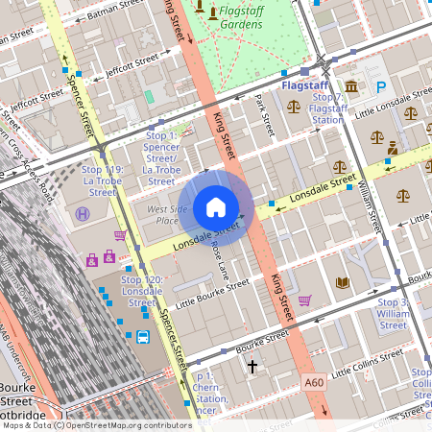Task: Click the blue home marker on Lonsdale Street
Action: [216, 207]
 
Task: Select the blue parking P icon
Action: [381, 87]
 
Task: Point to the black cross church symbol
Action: [252, 367]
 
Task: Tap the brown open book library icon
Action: [342, 282]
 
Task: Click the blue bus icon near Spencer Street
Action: [142, 337]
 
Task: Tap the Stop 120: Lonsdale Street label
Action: [142, 291]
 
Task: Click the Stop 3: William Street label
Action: [393, 314]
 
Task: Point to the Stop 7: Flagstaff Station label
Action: [327, 108]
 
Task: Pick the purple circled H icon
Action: [84, 214]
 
